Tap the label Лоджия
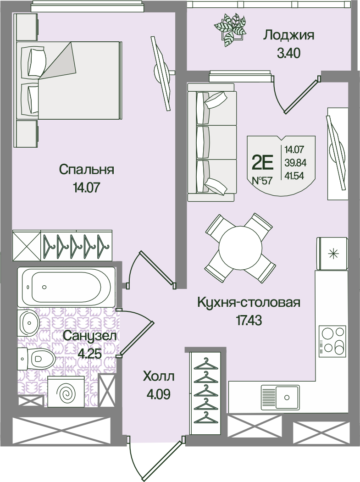point(288,35)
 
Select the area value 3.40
point(288,54)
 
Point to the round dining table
point(240,248)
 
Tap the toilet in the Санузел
point(36,359)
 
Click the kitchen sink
point(280,398)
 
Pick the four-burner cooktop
point(332,341)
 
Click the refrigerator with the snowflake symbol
point(332,254)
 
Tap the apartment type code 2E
point(262,161)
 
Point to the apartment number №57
point(262,180)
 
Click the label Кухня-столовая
point(249,303)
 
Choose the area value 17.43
point(249,321)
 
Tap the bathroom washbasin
point(28,322)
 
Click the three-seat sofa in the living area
point(212,142)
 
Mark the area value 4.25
point(90,354)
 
